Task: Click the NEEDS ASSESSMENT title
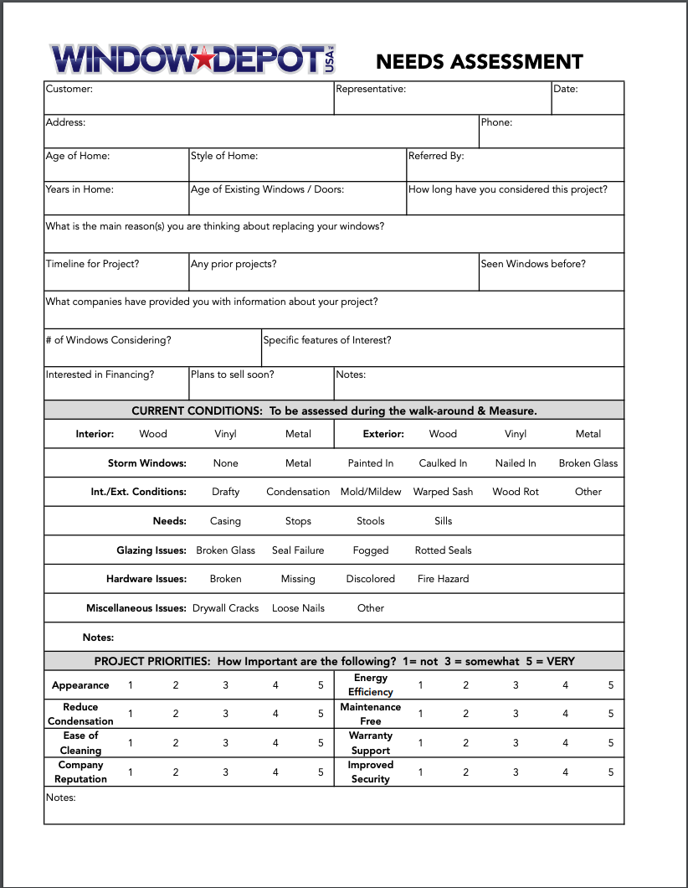pyautogui.click(x=479, y=62)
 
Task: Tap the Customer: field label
pyautogui.click(x=69, y=89)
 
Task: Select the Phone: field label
pyautogui.click(x=496, y=122)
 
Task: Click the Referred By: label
pyautogui.click(x=436, y=156)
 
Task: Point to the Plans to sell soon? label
pyautogui.click(x=232, y=374)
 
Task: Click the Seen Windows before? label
pyautogui.click(x=533, y=264)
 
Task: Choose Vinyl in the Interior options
pyautogui.click(x=226, y=434)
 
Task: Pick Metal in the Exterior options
pyautogui.click(x=588, y=434)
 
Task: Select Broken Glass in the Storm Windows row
pyautogui.click(x=588, y=463)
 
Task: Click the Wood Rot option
pyautogui.click(x=516, y=492)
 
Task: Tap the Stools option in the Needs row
pyautogui.click(x=371, y=521)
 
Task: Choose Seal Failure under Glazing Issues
pyautogui.click(x=298, y=550)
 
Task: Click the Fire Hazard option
pyautogui.click(x=444, y=579)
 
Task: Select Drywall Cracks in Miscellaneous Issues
pyautogui.click(x=225, y=608)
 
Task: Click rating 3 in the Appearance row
pyautogui.click(x=225, y=685)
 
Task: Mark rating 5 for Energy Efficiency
pyautogui.click(x=611, y=685)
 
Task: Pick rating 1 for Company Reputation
pyautogui.click(x=130, y=772)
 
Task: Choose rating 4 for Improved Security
pyautogui.click(x=565, y=772)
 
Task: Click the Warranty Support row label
pyautogui.click(x=371, y=743)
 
